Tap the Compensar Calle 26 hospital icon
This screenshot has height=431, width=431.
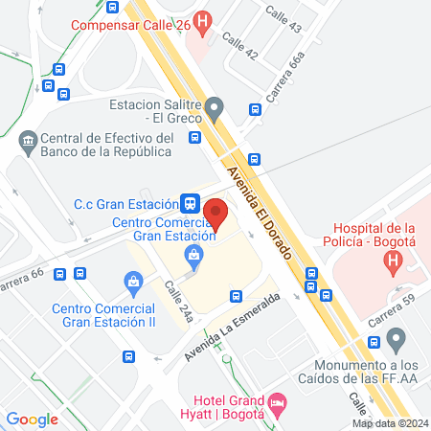[202, 20]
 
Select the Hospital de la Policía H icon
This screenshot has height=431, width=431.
[392, 261]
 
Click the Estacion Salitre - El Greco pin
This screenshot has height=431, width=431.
[215, 105]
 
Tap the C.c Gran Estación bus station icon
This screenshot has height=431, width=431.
[192, 203]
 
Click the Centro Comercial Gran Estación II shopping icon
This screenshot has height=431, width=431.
[133, 281]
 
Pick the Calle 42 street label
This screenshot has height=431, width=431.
[240, 47]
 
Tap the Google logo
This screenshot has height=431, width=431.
[32, 419]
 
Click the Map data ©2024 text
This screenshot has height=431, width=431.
[389, 422]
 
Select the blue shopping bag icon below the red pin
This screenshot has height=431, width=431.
[194, 254]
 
